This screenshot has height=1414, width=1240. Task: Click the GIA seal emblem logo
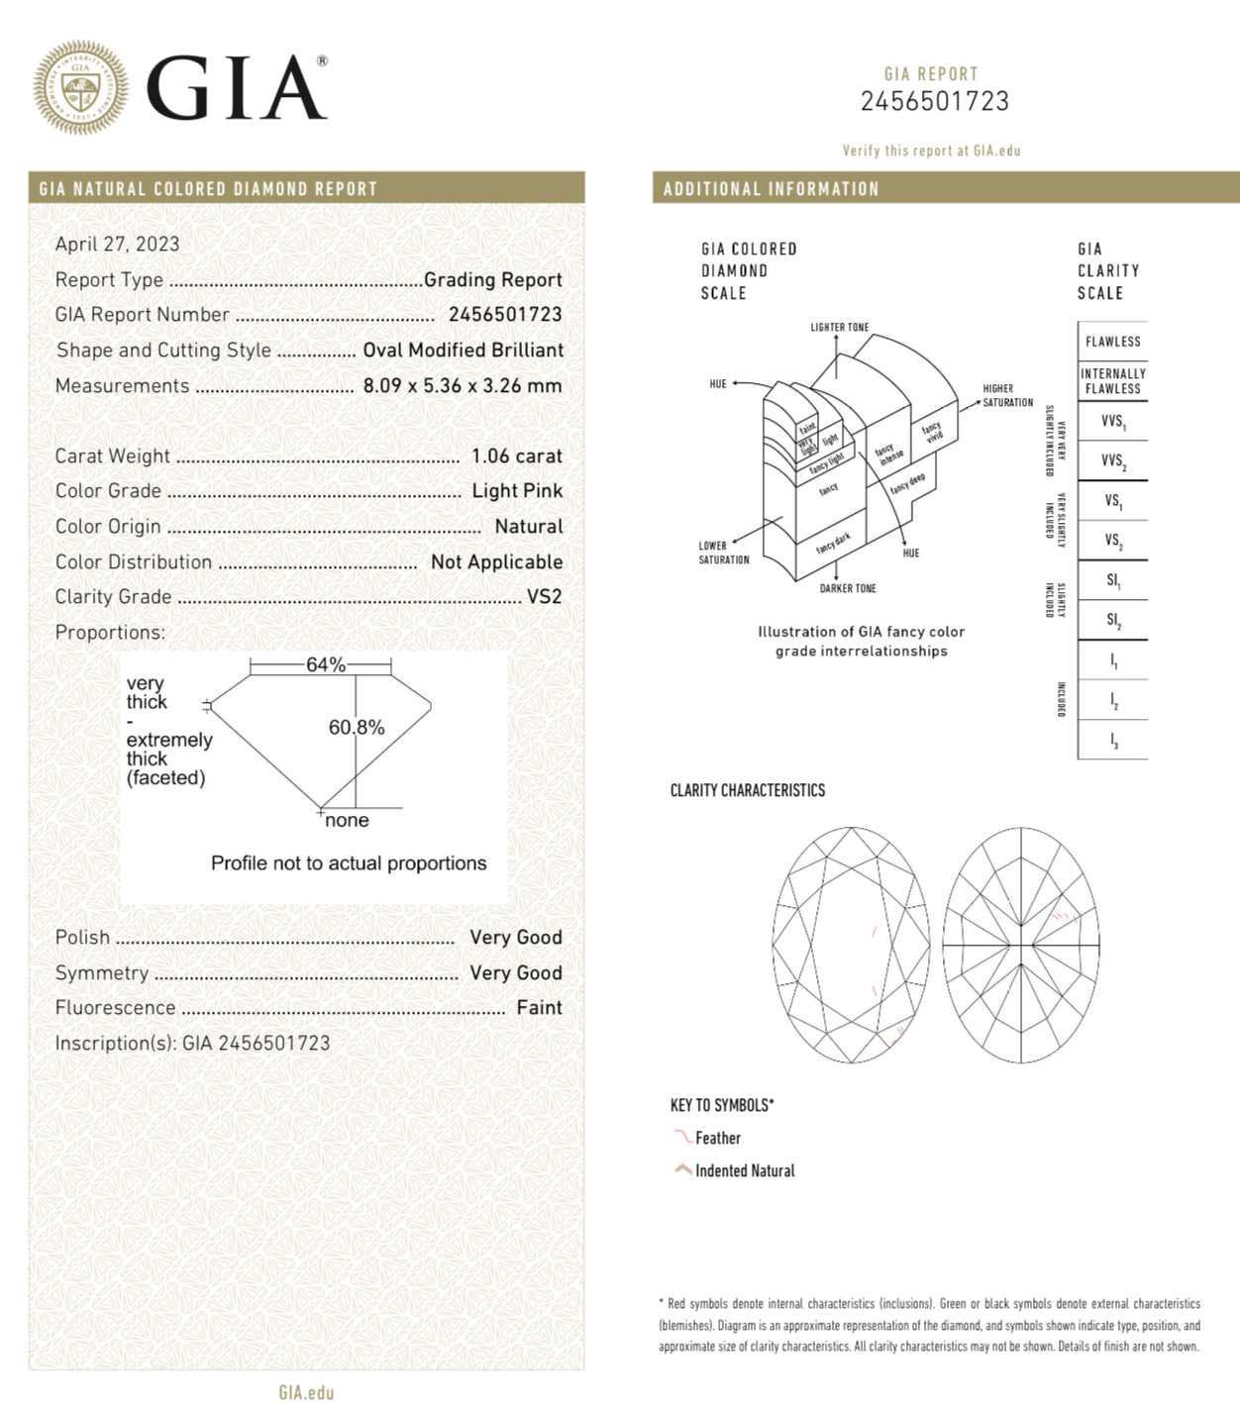(80, 88)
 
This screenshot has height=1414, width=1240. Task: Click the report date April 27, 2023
(117, 244)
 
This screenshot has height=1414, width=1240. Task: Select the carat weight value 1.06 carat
(516, 456)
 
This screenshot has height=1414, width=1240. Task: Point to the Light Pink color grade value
(517, 491)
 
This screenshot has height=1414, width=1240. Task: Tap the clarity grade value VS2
(544, 597)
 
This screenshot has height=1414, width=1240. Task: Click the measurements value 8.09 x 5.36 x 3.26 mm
(462, 386)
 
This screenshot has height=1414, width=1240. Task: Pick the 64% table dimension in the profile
(325, 664)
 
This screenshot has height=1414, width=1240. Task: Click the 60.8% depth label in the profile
(357, 728)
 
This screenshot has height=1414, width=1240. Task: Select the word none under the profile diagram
(347, 821)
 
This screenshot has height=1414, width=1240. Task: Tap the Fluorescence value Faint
(539, 1008)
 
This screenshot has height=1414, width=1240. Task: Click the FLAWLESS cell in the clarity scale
(1112, 342)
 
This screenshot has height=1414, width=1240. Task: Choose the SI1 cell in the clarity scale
(1112, 581)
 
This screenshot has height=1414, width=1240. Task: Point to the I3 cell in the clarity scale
(1112, 741)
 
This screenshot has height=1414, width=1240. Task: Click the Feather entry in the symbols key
(717, 1139)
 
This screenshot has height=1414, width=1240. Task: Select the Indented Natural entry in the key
(744, 1171)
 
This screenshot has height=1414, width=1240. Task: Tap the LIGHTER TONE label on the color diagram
(839, 328)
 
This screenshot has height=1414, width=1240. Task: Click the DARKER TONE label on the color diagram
(848, 589)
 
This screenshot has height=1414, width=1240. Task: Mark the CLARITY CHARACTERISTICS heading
(747, 790)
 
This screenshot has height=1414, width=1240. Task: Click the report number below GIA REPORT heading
(934, 101)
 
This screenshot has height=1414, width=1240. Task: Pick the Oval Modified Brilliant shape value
(463, 351)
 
